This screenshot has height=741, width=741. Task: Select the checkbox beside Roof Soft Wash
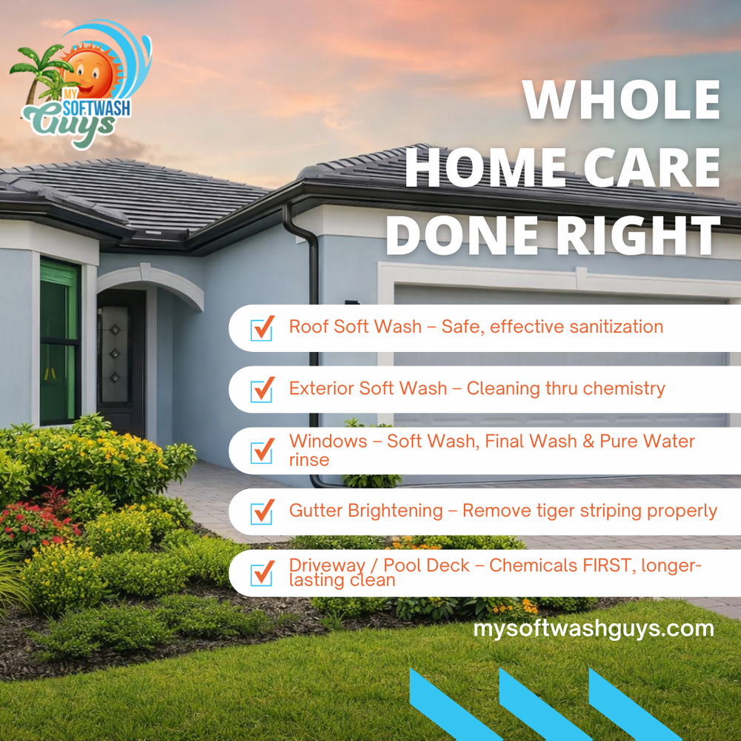click(x=262, y=327)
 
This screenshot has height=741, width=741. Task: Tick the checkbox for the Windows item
click(x=262, y=450)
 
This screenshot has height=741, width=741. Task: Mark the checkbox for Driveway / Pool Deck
click(x=262, y=572)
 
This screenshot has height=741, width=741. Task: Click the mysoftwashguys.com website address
click(x=594, y=629)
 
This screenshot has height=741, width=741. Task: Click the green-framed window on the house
click(x=60, y=341)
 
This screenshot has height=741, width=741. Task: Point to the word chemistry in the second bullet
click(x=625, y=388)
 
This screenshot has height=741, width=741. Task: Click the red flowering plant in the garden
click(x=33, y=519)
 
